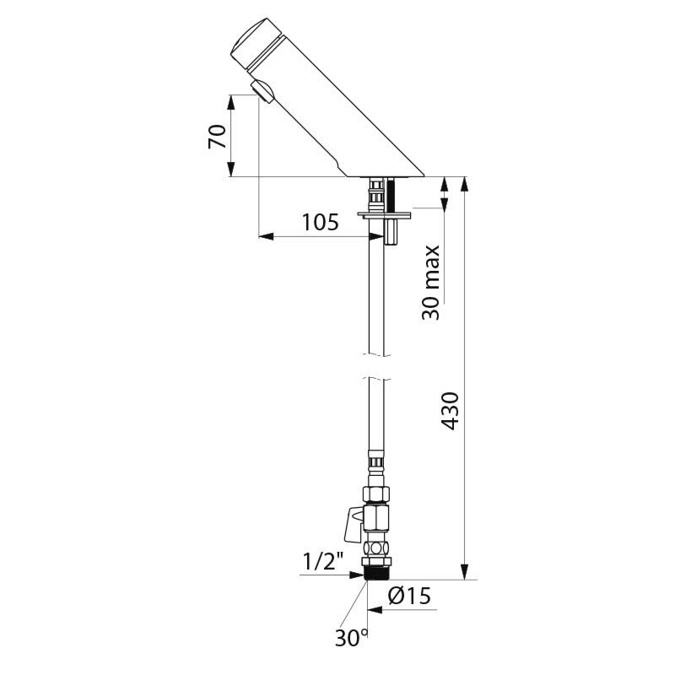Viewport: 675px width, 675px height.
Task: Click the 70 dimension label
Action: (x=217, y=136)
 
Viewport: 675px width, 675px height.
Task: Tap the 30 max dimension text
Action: (x=432, y=282)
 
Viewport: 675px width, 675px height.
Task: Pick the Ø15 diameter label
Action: (x=409, y=597)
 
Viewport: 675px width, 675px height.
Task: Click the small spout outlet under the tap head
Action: (x=262, y=89)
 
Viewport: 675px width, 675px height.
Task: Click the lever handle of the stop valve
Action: (x=348, y=526)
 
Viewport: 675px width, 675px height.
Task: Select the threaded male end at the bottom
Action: (x=375, y=573)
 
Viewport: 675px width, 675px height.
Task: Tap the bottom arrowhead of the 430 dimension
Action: (x=463, y=574)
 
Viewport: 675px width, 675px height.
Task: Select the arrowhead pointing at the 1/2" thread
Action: (x=360, y=575)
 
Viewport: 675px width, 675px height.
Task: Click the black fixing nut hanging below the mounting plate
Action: (x=391, y=233)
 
